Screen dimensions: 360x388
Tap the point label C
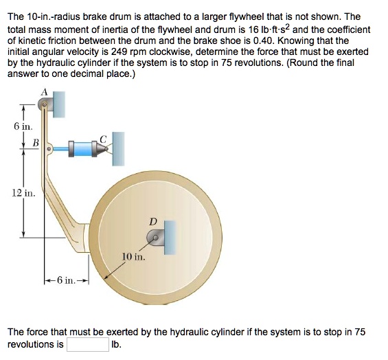tap(103, 139)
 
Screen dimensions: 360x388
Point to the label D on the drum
tap(153, 221)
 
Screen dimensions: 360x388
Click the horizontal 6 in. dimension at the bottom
tap(69, 280)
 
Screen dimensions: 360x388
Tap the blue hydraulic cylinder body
tap(81, 148)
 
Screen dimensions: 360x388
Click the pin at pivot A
tap(44, 105)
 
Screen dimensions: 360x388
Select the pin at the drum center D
tap(156, 239)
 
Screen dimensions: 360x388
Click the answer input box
tap(87, 344)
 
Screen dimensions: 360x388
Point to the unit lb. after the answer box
tap(116, 344)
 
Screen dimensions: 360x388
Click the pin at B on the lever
tap(49, 148)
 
